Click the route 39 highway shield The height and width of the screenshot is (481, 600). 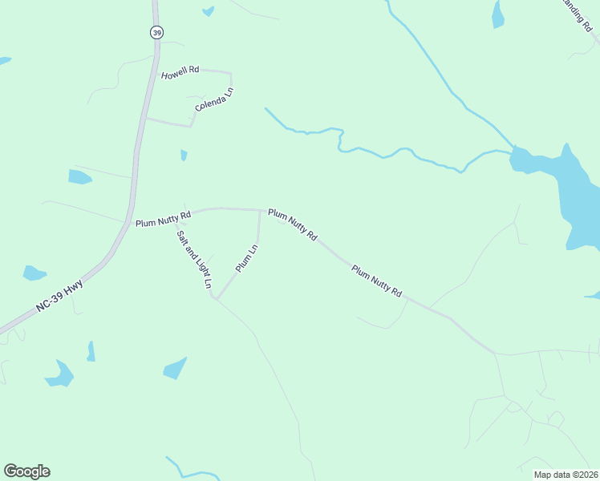tap(156, 31)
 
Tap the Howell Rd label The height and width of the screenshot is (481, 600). tap(180, 73)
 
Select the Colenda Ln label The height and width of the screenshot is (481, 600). tap(214, 100)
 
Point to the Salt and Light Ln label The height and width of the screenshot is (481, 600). tap(193, 256)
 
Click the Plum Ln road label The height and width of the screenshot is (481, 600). tap(246, 258)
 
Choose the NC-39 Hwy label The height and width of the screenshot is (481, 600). tap(59, 296)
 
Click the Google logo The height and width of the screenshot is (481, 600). tap(26, 471)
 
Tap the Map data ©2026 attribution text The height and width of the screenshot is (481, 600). tap(566, 475)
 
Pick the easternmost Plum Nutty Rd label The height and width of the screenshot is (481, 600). tap(376, 281)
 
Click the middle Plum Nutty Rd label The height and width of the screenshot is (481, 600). tap(293, 225)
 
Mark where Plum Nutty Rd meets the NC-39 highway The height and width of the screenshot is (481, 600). tap(128, 222)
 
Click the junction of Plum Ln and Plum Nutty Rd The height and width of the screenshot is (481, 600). tap(259, 211)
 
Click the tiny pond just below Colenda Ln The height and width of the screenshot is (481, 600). tap(184, 155)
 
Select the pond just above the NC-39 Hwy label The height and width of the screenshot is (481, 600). tap(34, 273)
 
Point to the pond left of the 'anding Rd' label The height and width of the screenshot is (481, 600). tap(498, 14)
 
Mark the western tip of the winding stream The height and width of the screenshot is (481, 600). tap(266, 108)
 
